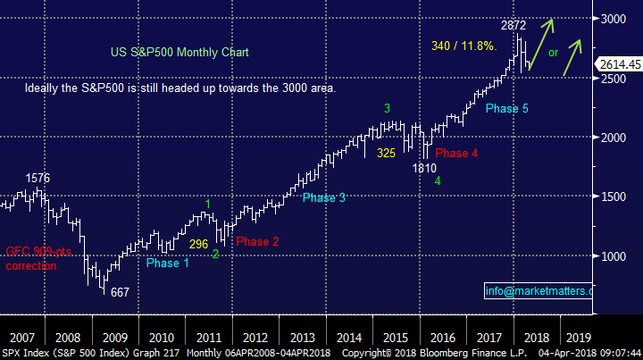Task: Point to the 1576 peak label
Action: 38,178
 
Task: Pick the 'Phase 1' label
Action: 168,264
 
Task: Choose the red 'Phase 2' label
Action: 258,241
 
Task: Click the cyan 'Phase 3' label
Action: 323,197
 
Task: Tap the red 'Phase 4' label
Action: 457,153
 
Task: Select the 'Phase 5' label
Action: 507,109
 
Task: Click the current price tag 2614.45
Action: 618,64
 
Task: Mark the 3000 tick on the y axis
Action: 613,19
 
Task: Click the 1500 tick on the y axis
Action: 613,197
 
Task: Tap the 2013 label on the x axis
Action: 301,338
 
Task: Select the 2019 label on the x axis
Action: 578,338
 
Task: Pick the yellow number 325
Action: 386,153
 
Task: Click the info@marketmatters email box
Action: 539,291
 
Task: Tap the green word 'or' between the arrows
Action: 554,53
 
